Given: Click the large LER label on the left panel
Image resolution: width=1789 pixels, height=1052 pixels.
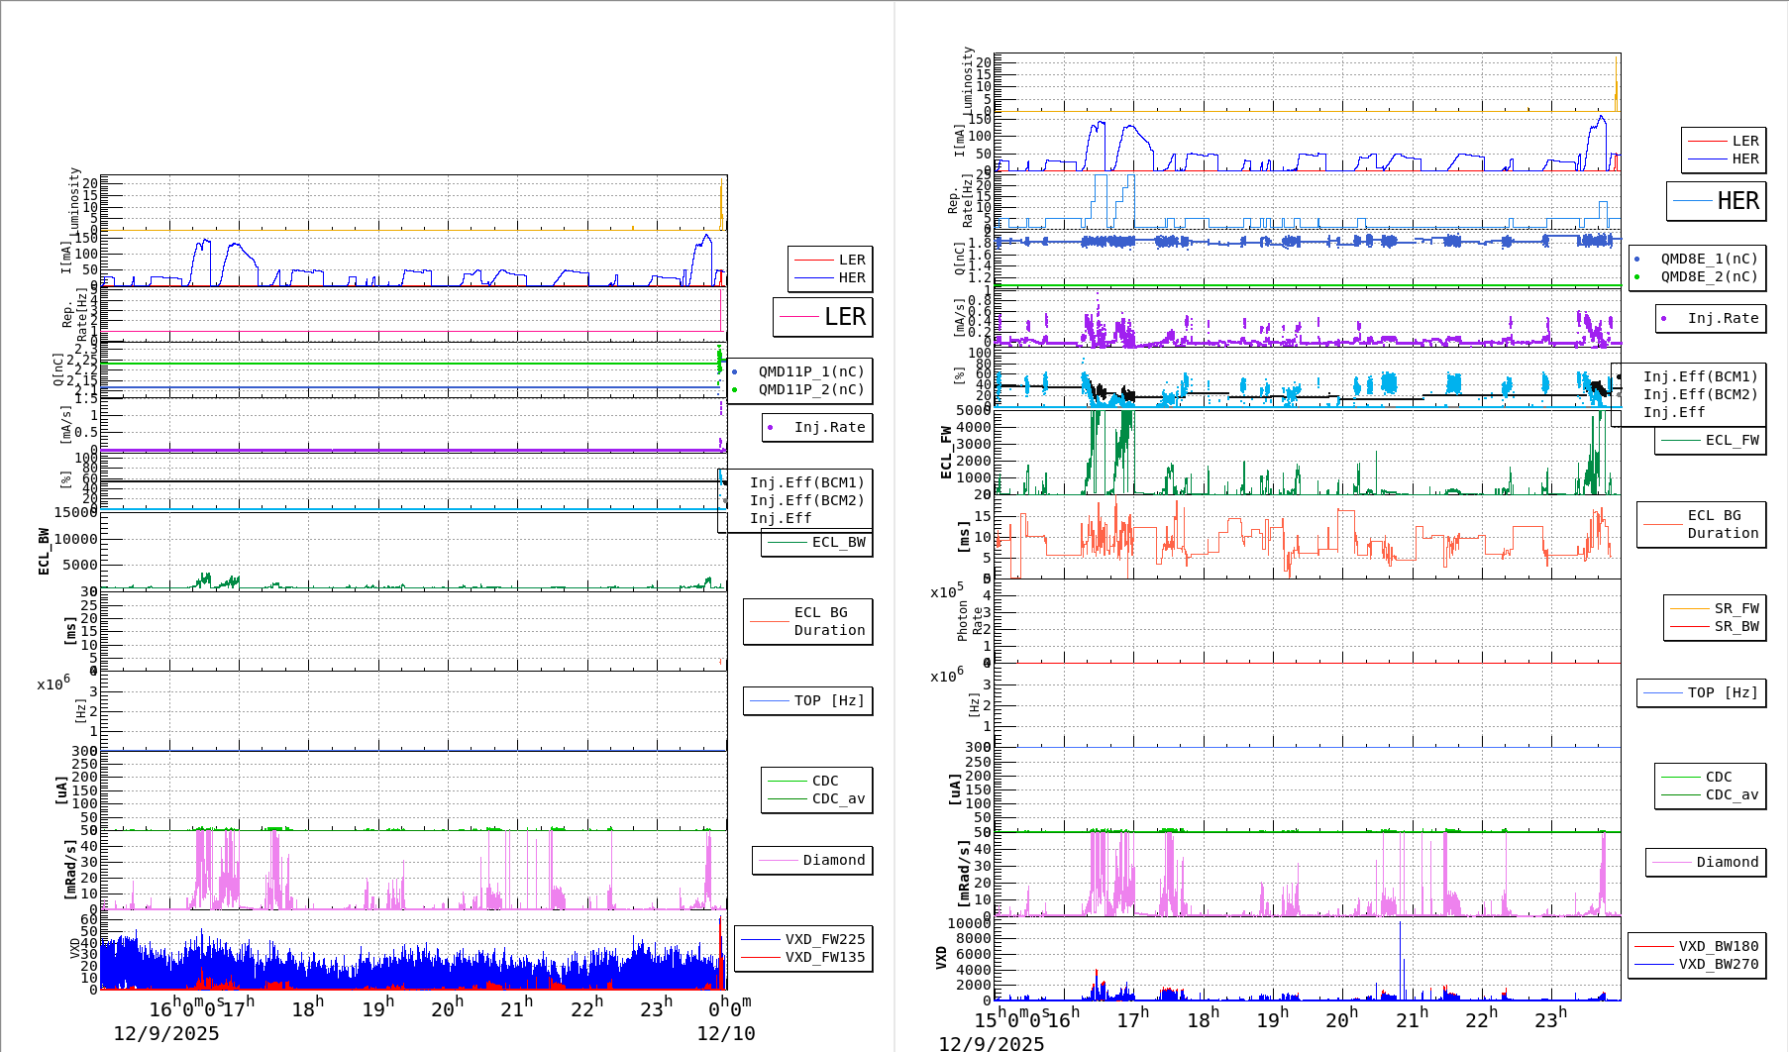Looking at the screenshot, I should pos(844,317).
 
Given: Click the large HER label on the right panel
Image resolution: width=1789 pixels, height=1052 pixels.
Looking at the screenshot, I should pos(1737,201).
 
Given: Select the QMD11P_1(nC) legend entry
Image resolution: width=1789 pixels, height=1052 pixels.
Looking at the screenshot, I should pos(810,371).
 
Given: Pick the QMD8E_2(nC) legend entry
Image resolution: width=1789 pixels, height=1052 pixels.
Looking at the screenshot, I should pos(1709,276).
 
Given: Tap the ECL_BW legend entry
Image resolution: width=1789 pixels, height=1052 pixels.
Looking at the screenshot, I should pos(838,542).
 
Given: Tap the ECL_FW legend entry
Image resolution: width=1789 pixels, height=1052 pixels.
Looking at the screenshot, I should pos(1732,440).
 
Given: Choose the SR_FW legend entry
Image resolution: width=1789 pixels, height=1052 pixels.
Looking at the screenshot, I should pos(1736,608).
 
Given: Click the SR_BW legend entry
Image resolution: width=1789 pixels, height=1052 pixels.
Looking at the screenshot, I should pos(1736,626).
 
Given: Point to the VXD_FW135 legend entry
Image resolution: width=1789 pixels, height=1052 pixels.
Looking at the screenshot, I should pos(824,957).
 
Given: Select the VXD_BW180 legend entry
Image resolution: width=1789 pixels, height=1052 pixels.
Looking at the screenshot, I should pos(1718,946).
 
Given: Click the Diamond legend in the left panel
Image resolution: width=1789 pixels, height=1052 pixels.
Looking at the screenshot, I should pos(833,860).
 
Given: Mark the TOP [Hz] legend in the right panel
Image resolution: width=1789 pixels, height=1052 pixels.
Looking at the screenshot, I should pos(1723,692).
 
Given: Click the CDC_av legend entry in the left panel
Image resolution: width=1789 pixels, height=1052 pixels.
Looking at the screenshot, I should pos(838,798).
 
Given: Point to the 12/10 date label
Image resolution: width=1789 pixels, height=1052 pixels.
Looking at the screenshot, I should pos(725,1033).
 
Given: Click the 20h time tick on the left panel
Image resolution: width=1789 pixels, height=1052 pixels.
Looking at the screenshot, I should pos(447,1008).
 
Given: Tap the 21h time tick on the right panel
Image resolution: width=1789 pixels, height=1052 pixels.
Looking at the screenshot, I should pos(1412,1018).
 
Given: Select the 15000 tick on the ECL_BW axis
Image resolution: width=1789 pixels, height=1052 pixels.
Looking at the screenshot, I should pos(75,512).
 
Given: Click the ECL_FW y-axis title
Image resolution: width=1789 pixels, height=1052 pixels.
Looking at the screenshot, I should pos(946,453).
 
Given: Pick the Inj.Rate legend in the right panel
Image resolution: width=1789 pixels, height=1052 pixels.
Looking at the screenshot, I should pos(1723,318).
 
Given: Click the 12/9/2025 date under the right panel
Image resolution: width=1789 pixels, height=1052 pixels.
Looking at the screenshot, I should pos(991,1043).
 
